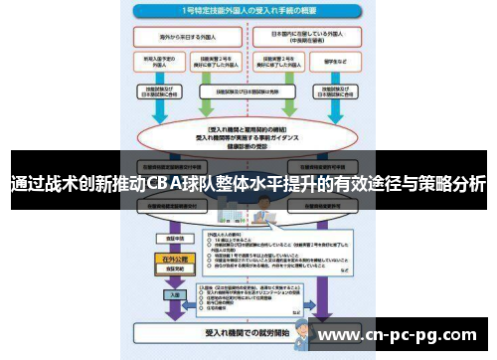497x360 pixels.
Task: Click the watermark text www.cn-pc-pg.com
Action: point(403,334)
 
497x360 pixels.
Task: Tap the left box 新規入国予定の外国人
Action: point(161,62)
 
